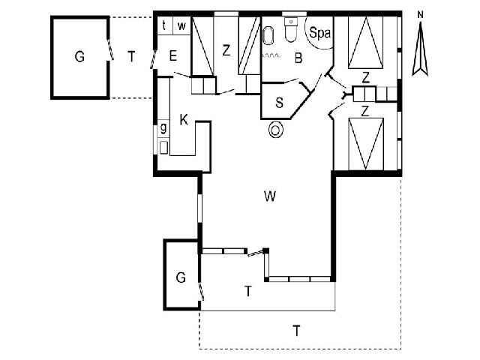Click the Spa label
tap(320, 34)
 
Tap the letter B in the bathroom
tap(298, 58)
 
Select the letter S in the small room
tap(279, 103)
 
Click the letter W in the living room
tap(271, 197)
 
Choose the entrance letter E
tap(172, 55)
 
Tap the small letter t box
tap(165, 25)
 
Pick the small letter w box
tap(181, 25)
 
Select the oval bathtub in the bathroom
tap(268, 37)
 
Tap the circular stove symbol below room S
tap(277, 130)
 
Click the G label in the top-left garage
tap(79, 56)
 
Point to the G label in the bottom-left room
tap(180, 277)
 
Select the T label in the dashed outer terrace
tap(297, 329)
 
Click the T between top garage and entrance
tap(131, 55)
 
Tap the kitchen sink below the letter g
tap(163, 146)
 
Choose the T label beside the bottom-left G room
tap(247, 291)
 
